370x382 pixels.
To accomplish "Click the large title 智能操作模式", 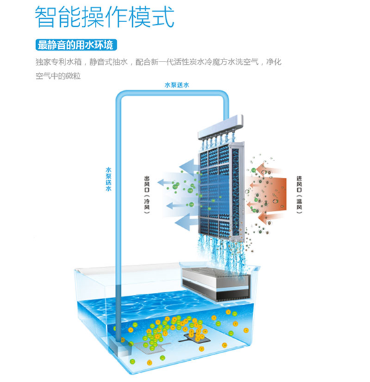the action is point(105,17).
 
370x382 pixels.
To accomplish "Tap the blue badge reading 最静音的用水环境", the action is point(76,45).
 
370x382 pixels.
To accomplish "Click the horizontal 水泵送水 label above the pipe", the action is point(177,85).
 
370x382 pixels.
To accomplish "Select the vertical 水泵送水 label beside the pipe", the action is point(108,179).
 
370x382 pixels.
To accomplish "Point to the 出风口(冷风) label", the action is point(147,195).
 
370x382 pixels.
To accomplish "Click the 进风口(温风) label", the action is point(299,195).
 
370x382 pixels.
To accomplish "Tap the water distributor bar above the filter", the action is point(220,127).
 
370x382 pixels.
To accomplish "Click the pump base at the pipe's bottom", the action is point(118,346).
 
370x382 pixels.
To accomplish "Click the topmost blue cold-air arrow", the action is point(188,167).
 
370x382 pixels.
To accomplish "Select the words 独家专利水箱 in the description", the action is point(59,62).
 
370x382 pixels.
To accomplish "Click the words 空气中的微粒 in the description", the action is point(58,76).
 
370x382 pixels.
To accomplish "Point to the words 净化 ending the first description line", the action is point(274,62).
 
